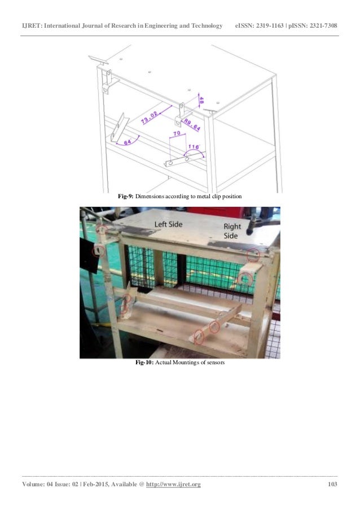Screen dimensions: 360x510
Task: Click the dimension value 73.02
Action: pos(150,117)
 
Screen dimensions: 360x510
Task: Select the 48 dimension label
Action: pos(201,101)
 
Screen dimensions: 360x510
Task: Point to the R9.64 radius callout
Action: pos(192,125)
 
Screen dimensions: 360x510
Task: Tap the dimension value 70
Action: pos(177,133)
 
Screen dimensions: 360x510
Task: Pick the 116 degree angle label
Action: pos(194,147)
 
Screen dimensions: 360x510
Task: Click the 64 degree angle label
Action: pos(128,142)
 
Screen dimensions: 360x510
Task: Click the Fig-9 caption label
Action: pos(125,197)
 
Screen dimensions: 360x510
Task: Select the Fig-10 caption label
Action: pos(144,363)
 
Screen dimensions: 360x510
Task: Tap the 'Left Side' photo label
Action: pos(168,224)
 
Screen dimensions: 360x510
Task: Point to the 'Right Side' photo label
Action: pos(232,231)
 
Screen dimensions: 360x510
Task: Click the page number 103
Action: pos(332,484)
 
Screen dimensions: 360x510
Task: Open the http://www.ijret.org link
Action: pos(173,485)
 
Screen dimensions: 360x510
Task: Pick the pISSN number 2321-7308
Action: pos(323,25)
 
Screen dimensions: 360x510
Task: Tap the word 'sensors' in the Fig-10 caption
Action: pos(216,363)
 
